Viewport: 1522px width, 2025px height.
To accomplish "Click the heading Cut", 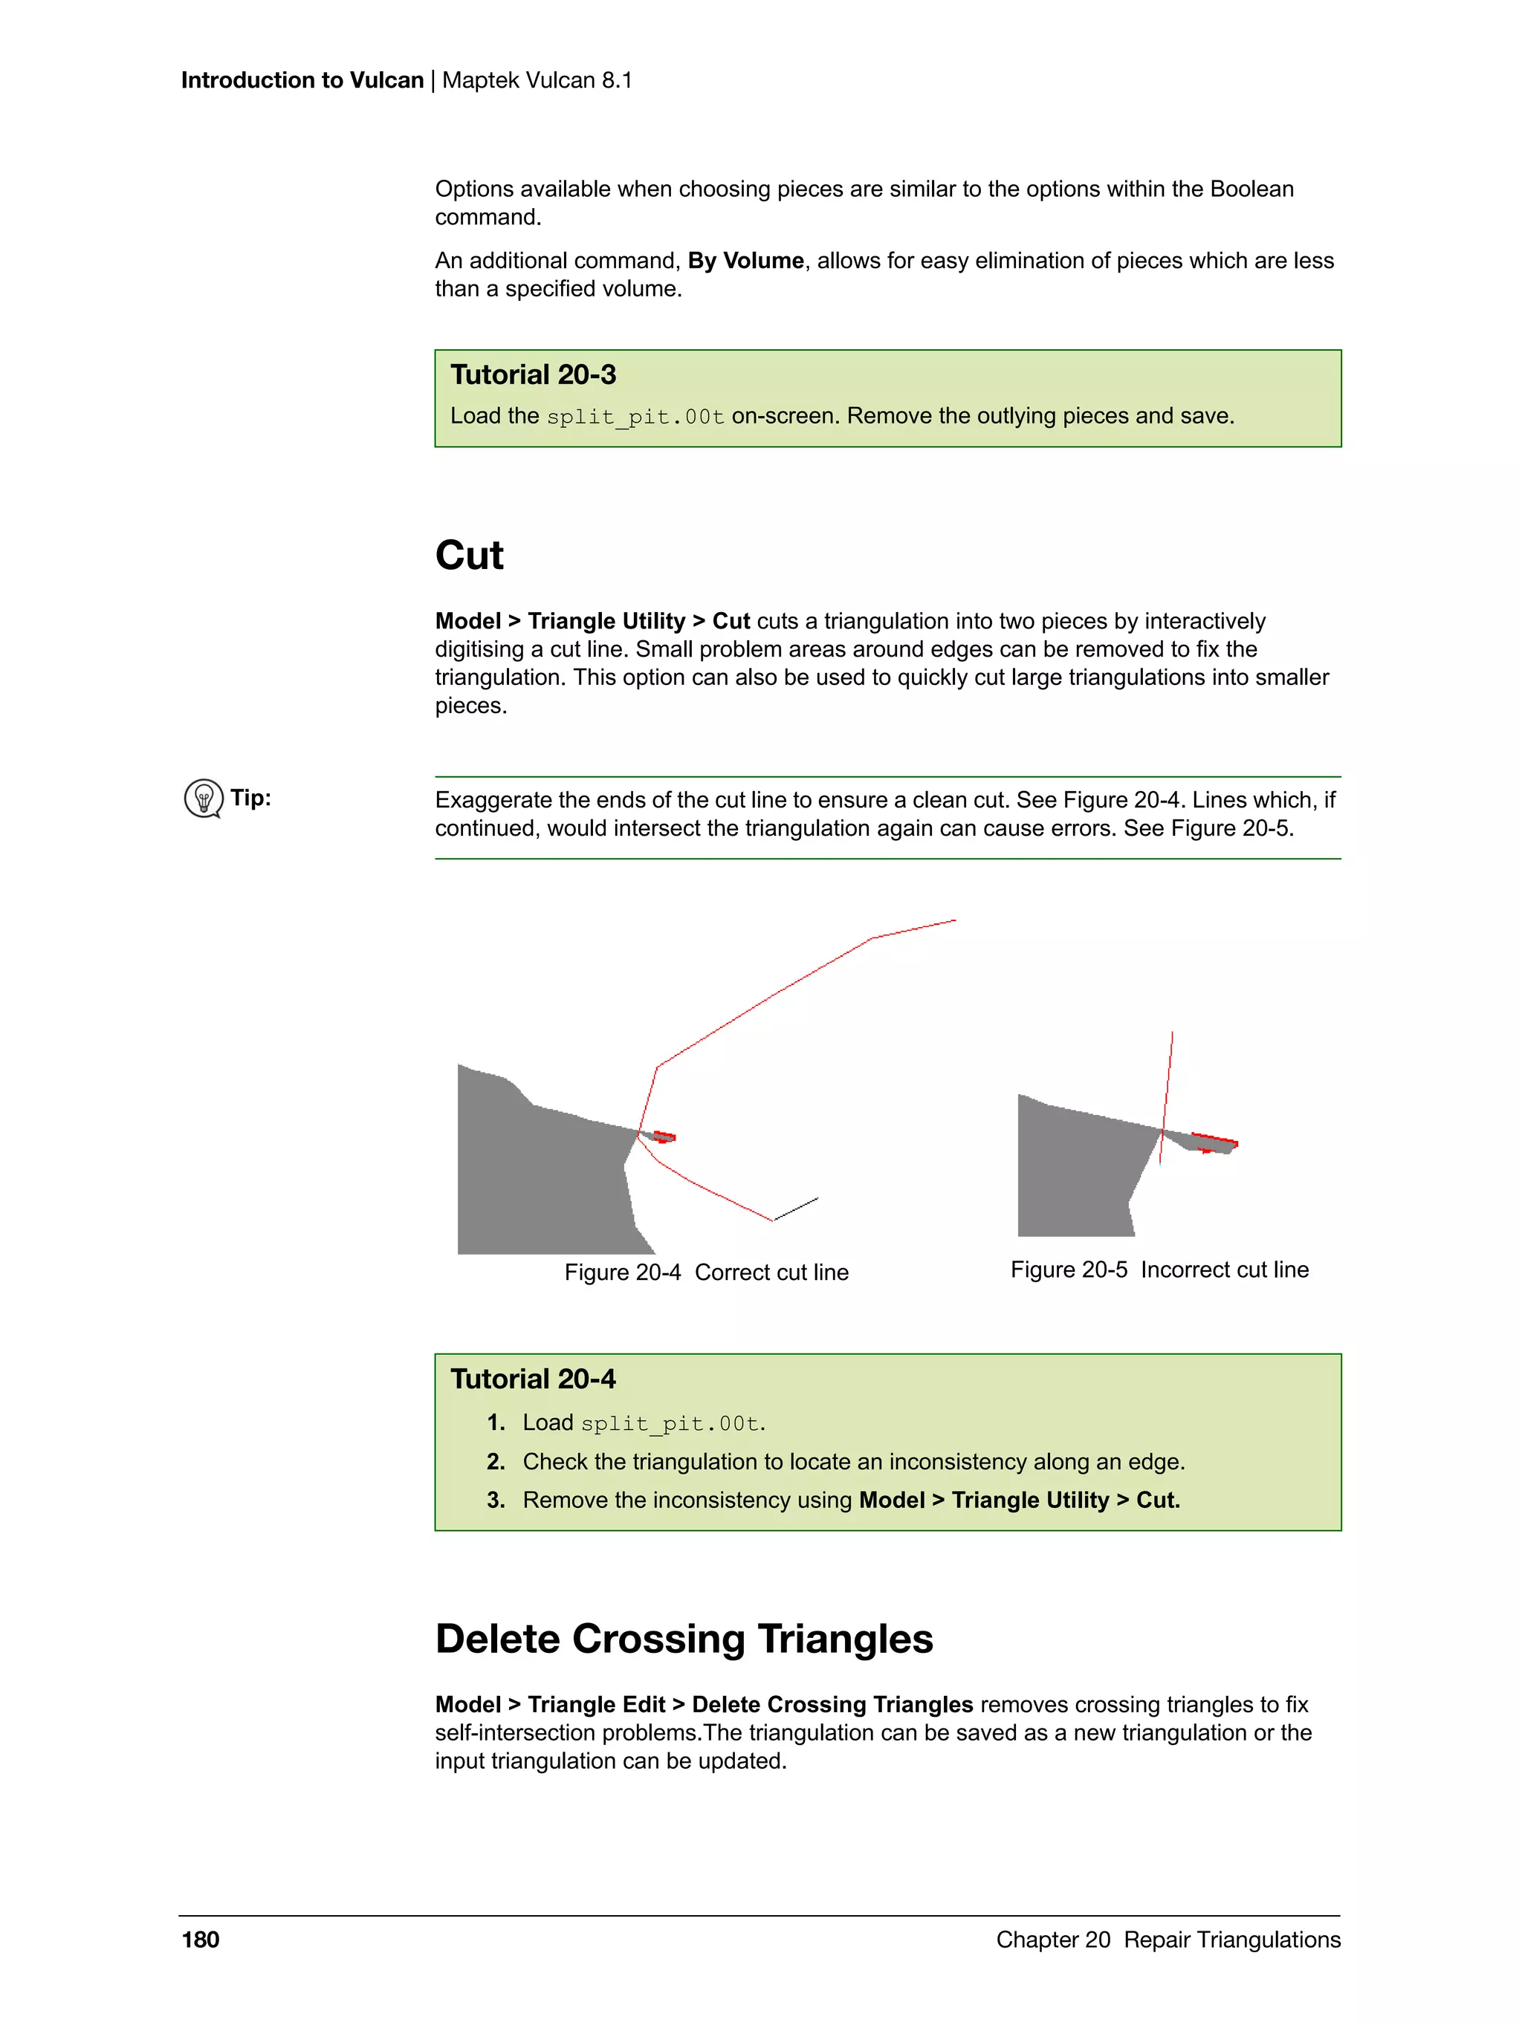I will [469, 556].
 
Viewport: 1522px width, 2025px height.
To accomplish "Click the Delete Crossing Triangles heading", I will [683, 1639].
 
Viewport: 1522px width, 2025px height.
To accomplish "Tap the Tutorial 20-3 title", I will [533, 375].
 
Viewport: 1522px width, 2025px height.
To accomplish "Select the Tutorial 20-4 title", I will [533, 1379].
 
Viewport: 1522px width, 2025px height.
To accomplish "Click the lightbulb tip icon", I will [204, 799].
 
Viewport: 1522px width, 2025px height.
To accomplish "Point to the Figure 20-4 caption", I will [706, 1272].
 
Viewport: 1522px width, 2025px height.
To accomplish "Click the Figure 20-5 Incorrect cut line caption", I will [1159, 1270].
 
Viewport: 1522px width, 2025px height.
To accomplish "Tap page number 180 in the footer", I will [201, 1940].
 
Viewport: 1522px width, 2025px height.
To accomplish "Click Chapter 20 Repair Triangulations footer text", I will [1168, 1940].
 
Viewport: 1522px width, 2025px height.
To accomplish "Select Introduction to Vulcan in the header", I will [302, 80].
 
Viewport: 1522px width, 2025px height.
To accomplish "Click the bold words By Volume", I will [745, 261].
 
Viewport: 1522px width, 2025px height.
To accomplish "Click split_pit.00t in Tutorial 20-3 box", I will [635, 417].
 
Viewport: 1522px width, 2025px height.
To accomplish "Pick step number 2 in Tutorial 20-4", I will [496, 1462].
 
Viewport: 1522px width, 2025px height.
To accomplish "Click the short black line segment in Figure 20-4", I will [796, 1209].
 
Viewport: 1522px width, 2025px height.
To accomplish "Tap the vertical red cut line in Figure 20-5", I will [1168, 1090].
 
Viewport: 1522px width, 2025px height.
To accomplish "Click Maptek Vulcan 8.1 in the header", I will [537, 80].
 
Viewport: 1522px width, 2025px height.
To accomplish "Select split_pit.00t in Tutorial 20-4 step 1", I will [670, 1423].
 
